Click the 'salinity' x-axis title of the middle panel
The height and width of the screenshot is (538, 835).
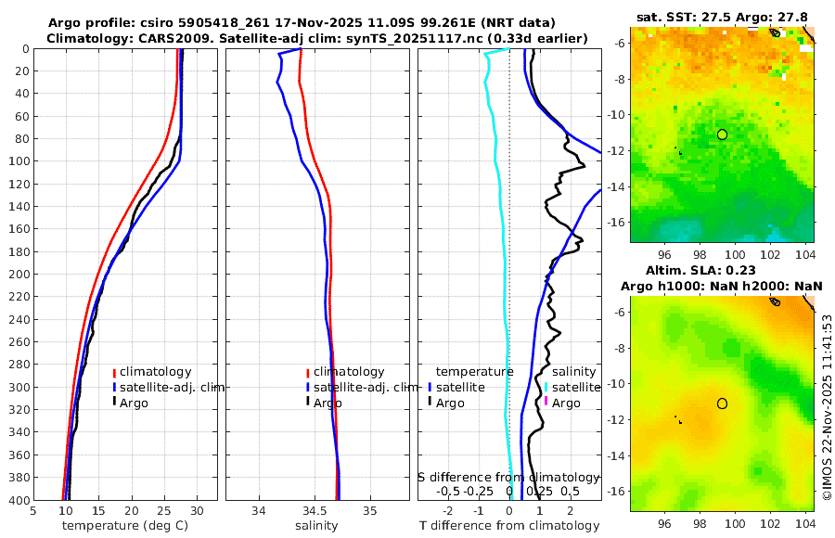(x=316, y=526)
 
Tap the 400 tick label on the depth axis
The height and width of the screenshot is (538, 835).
(x=17, y=500)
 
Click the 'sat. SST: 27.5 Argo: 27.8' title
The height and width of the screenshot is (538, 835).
(x=722, y=18)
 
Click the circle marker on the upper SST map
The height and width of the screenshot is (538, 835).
(x=722, y=134)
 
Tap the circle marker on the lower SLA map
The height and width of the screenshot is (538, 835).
(x=722, y=403)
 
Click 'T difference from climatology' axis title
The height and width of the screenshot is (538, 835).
(x=510, y=526)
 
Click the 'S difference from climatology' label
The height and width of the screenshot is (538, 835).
(x=508, y=476)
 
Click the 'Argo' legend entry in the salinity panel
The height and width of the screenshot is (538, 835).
(x=328, y=403)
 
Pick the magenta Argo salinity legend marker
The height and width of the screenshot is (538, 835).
(x=547, y=403)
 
